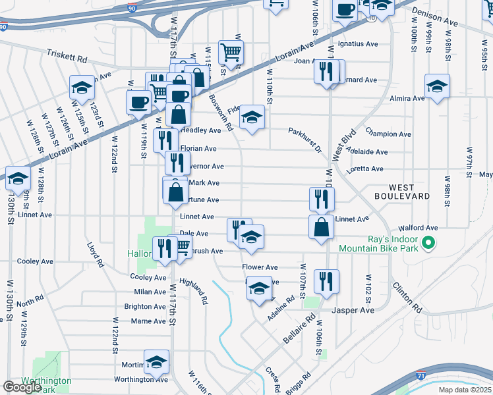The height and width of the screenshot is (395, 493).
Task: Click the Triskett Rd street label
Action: (x=67, y=57)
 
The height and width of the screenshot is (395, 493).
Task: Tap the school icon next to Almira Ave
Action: (x=438, y=86)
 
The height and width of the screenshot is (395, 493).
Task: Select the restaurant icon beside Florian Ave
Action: (x=165, y=140)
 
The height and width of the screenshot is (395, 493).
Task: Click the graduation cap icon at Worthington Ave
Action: (x=156, y=361)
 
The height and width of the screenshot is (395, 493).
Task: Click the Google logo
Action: (x=22, y=387)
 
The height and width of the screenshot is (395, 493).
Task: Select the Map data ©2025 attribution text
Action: (x=465, y=390)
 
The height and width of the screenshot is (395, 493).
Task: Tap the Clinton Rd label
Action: (x=407, y=297)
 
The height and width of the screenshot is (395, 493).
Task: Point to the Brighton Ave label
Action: (x=145, y=307)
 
